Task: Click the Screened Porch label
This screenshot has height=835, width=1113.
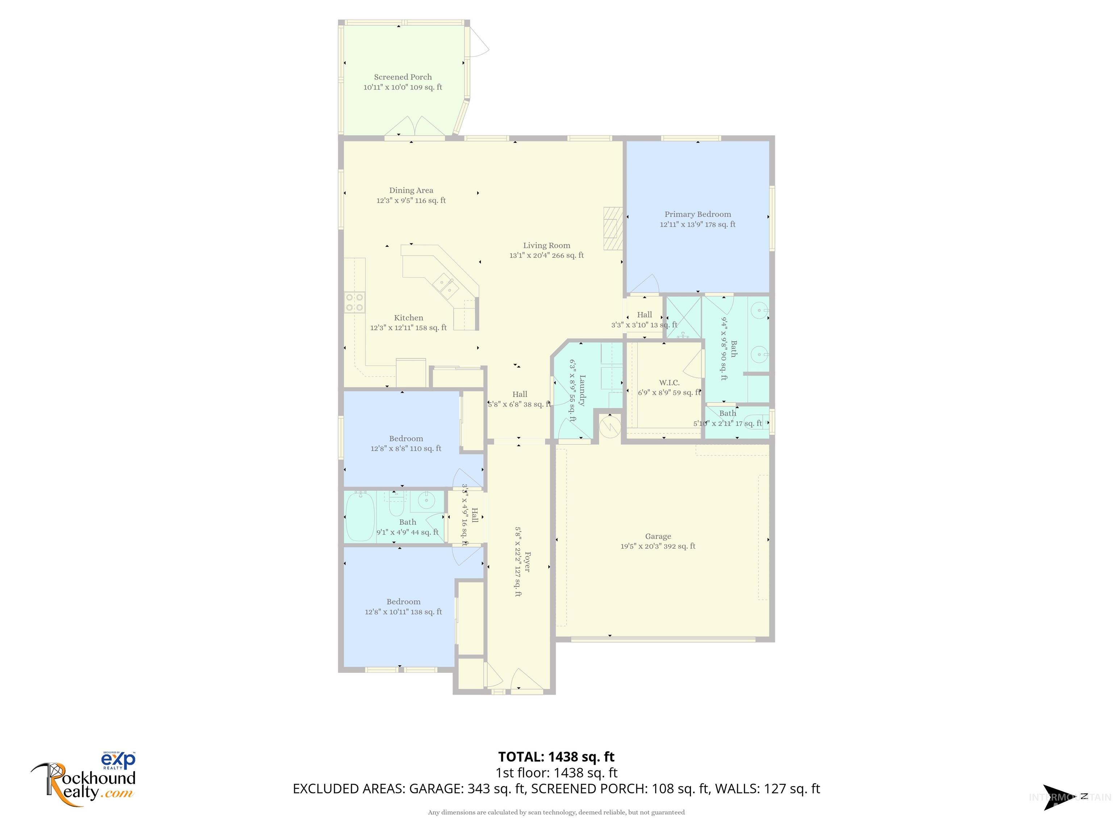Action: click(x=403, y=77)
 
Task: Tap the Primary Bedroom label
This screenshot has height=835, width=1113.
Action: click(x=697, y=215)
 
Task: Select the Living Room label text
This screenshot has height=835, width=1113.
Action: click(x=546, y=246)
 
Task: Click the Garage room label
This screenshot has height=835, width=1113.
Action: click(x=658, y=536)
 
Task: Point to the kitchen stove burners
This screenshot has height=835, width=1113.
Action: click(x=354, y=302)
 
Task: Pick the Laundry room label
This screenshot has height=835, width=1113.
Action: click(x=582, y=390)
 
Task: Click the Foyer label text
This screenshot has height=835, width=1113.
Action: click(x=527, y=562)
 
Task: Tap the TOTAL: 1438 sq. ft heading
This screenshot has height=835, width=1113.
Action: click(x=556, y=757)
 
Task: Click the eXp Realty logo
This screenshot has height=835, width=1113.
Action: click(x=119, y=760)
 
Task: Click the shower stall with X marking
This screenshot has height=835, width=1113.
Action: click(x=683, y=317)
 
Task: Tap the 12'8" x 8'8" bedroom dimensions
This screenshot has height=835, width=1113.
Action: click(x=405, y=448)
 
